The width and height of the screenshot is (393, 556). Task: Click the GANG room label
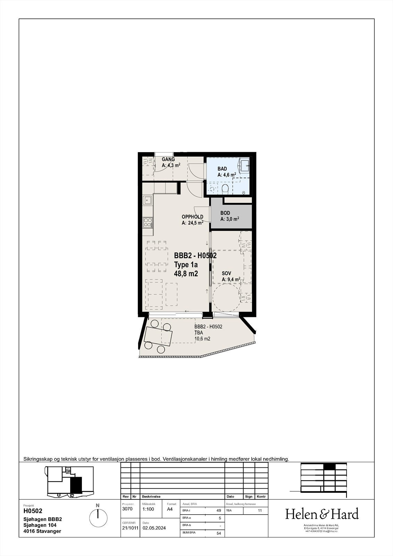[x=168, y=160]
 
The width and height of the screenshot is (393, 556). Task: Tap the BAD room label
[x=222, y=169]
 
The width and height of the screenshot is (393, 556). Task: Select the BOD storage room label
[x=225, y=213]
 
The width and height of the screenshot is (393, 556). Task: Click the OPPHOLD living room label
[x=192, y=217]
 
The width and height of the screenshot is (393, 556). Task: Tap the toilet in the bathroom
[x=225, y=189]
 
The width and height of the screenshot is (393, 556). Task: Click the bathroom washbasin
[x=245, y=164]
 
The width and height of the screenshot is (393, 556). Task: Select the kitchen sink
[x=148, y=200]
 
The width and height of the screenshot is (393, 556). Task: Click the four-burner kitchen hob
[x=148, y=222]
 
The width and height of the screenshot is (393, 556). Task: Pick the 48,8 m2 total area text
[x=186, y=274]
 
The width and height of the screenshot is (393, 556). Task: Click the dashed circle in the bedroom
[x=226, y=297]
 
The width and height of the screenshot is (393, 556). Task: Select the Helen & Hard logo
[x=321, y=514]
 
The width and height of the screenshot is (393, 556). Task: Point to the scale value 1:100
[x=149, y=509]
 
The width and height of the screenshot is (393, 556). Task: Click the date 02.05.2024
[x=154, y=528]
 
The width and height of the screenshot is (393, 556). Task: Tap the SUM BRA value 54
[x=219, y=533]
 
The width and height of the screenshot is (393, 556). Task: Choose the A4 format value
[x=170, y=509]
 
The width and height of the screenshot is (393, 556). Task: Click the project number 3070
[x=127, y=509]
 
